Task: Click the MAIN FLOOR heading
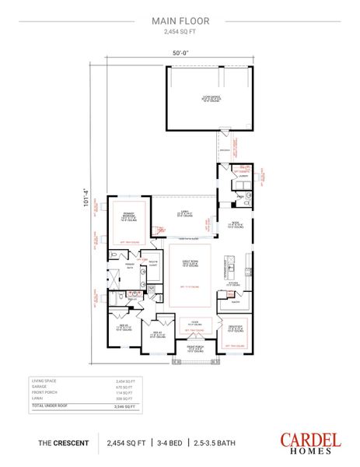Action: [180, 22]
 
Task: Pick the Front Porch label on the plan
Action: [191, 348]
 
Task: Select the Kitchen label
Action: [232, 285]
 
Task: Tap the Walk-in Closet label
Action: [152, 264]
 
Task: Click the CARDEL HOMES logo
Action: [310, 442]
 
